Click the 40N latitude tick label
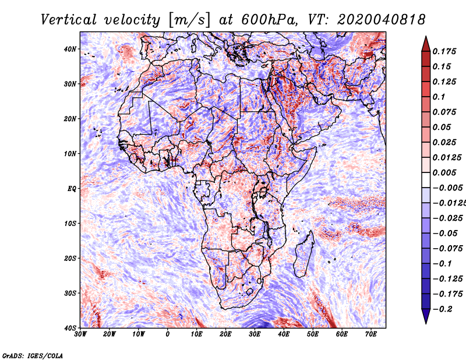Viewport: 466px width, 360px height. click(x=70, y=49)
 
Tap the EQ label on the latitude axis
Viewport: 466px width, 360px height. click(x=72, y=189)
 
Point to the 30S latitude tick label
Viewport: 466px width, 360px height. click(x=70, y=293)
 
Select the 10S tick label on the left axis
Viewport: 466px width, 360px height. click(x=70, y=223)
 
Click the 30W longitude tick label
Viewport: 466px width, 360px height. click(x=80, y=334)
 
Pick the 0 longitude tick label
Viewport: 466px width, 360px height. click(x=168, y=334)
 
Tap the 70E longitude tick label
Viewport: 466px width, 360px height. click(x=370, y=334)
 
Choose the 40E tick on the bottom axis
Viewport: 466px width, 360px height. click(x=284, y=334)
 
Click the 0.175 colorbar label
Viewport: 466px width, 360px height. click(x=444, y=51)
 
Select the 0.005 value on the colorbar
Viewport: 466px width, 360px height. click(x=444, y=172)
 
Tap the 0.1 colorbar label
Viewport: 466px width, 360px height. click(x=439, y=97)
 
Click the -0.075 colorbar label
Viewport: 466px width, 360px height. click(x=448, y=248)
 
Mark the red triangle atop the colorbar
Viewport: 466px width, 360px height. click(x=426, y=44)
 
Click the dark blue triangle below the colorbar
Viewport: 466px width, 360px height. click(x=426, y=316)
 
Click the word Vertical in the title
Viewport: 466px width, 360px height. click(x=68, y=20)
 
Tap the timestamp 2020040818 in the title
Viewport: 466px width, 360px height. click(x=381, y=20)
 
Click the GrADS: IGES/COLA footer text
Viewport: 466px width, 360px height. click(x=33, y=356)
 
